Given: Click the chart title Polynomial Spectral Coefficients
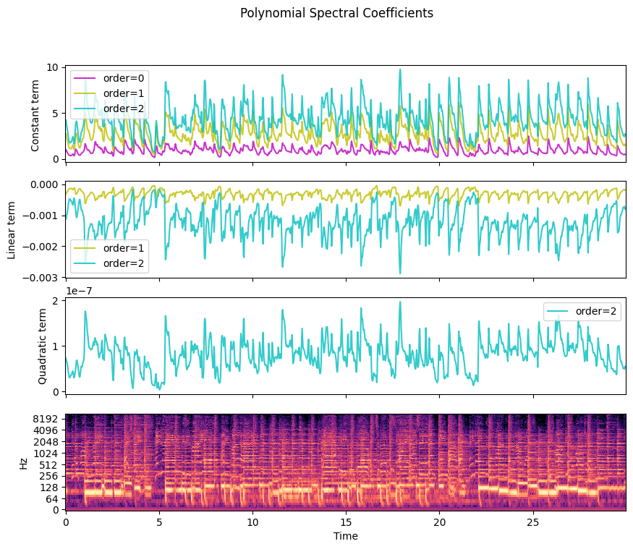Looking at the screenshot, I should coord(336,13).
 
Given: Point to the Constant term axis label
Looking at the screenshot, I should coord(36,113).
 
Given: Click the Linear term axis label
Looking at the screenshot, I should coord(12,229).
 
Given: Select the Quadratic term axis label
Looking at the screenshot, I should coord(42,345).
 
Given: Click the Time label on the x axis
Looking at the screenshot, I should coord(346,536).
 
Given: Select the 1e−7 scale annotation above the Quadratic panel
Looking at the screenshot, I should coord(81,291).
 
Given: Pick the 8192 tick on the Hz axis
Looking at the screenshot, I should coord(47,419).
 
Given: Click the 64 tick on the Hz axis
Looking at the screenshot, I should coord(53,498).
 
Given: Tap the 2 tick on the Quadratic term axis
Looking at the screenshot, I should coord(56,300).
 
